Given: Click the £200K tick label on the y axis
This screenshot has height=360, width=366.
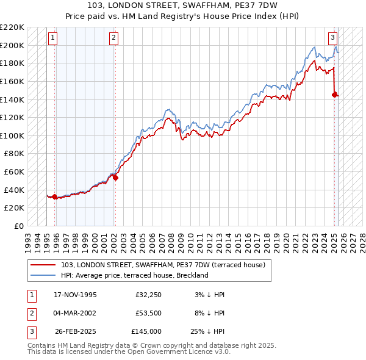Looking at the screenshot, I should [12, 45].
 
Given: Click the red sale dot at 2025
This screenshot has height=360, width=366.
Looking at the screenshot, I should [334, 95].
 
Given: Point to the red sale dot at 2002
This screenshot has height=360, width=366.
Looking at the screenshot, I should [115, 178].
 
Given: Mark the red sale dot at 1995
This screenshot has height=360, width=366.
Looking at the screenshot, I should [56, 196].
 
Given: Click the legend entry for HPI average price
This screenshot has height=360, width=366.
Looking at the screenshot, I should [135, 275].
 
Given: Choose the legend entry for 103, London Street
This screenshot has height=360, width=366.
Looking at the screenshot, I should [163, 265].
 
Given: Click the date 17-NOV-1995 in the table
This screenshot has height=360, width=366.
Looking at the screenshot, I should [75, 295].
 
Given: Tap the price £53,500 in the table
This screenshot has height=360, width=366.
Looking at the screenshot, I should [148, 313].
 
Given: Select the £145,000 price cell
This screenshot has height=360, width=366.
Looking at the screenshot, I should [146, 331].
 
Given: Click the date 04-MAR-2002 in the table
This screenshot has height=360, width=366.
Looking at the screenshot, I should [75, 313].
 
